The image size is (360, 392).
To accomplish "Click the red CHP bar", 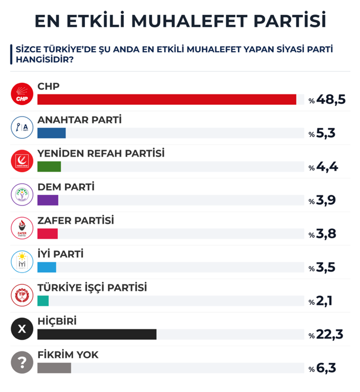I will tap(166, 99).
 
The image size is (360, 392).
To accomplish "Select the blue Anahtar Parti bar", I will tap(51, 133).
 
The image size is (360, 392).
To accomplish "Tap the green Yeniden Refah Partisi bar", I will tap(49, 167).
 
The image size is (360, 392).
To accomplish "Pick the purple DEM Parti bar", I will tap(48, 200).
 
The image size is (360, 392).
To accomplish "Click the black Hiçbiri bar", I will tap(97, 334).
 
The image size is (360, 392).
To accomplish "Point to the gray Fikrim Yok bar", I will tap(54, 368).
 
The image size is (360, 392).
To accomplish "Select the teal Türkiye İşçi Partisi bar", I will tap(43, 300).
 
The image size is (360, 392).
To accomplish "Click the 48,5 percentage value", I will tap(331, 99).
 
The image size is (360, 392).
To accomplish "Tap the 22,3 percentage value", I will tap(329, 334).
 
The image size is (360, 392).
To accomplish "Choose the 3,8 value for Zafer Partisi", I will tap(326, 234).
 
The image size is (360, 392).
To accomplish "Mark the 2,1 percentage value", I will tap(326, 301).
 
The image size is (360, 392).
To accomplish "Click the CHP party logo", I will tap(22, 94).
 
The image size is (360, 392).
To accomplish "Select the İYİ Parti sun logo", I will tap(22, 262).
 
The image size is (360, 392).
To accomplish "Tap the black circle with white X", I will tap(22, 329).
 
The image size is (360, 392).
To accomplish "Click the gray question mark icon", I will tap(22, 362).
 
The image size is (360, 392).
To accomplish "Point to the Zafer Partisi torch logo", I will tap(22, 228).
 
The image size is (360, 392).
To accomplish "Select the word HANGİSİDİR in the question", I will tap(44, 59).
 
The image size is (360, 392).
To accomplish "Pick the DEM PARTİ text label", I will tap(65, 187).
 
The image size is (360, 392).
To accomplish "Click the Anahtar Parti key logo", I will tap(22, 127).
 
